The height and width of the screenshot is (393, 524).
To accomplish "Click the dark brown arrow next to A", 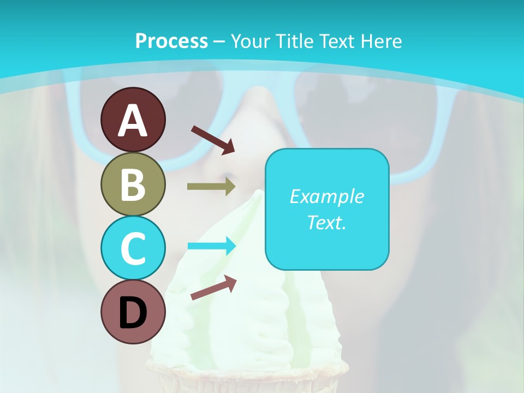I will pyautogui.click(x=213, y=140).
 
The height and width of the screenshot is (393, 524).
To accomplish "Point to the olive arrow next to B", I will pyautogui.click(x=211, y=187).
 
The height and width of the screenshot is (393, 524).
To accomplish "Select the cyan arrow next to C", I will pyautogui.click(x=211, y=246).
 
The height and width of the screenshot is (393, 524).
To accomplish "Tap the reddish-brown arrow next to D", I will pyautogui.click(x=213, y=288).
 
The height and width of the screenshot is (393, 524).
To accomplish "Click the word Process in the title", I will pyautogui.click(x=171, y=41).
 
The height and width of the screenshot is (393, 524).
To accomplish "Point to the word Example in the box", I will pyautogui.click(x=326, y=196).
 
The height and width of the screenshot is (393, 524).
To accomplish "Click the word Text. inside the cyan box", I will pyautogui.click(x=326, y=222).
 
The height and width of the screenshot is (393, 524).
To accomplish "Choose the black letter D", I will pyautogui.click(x=133, y=313).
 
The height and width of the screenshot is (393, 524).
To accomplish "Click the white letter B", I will pyautogui.click(x=133, y=185).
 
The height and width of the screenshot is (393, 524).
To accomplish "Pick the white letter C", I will pyautogui.click(x=133, y=248).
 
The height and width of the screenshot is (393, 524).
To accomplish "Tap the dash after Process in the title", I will pyautogui.click(x=219, y=41).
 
